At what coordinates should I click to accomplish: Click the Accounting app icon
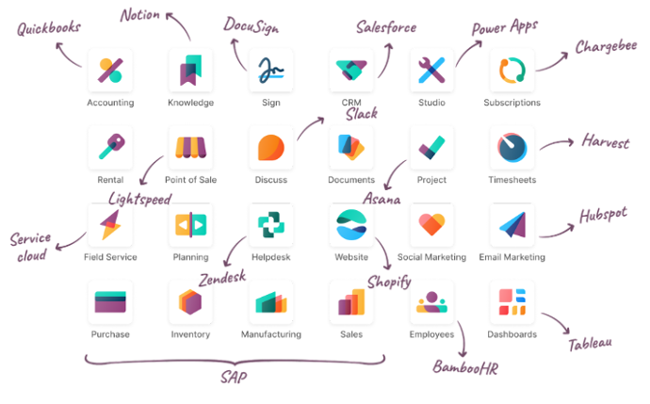click(x=110, y=71)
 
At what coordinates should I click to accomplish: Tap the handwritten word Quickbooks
click(x=48, y=30)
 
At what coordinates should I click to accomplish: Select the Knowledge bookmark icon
click(x=190, y=71)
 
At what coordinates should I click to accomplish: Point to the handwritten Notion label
click(x=139, y=14)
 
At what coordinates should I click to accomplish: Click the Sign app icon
click(x=271, y=71)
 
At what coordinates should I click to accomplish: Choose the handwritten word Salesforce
click(x=385, y=27)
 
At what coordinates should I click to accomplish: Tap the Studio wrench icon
click(x=431, y=71)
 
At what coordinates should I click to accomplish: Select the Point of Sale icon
click(x=190, y=148)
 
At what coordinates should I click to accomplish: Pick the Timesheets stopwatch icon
click(x=512, y=148)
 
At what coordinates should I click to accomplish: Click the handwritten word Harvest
click(x=605, y=142)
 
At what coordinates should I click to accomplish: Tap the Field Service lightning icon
click(x=110, y=225)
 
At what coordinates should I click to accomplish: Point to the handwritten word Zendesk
click(x=223, y=279)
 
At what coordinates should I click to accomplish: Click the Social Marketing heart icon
click(x=431, y=225)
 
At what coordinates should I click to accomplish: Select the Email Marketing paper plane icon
click(x=512, y=225)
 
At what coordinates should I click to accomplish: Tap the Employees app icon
click(x=431, y=302)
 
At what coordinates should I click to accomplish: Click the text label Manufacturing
click(x=271, y=334)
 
